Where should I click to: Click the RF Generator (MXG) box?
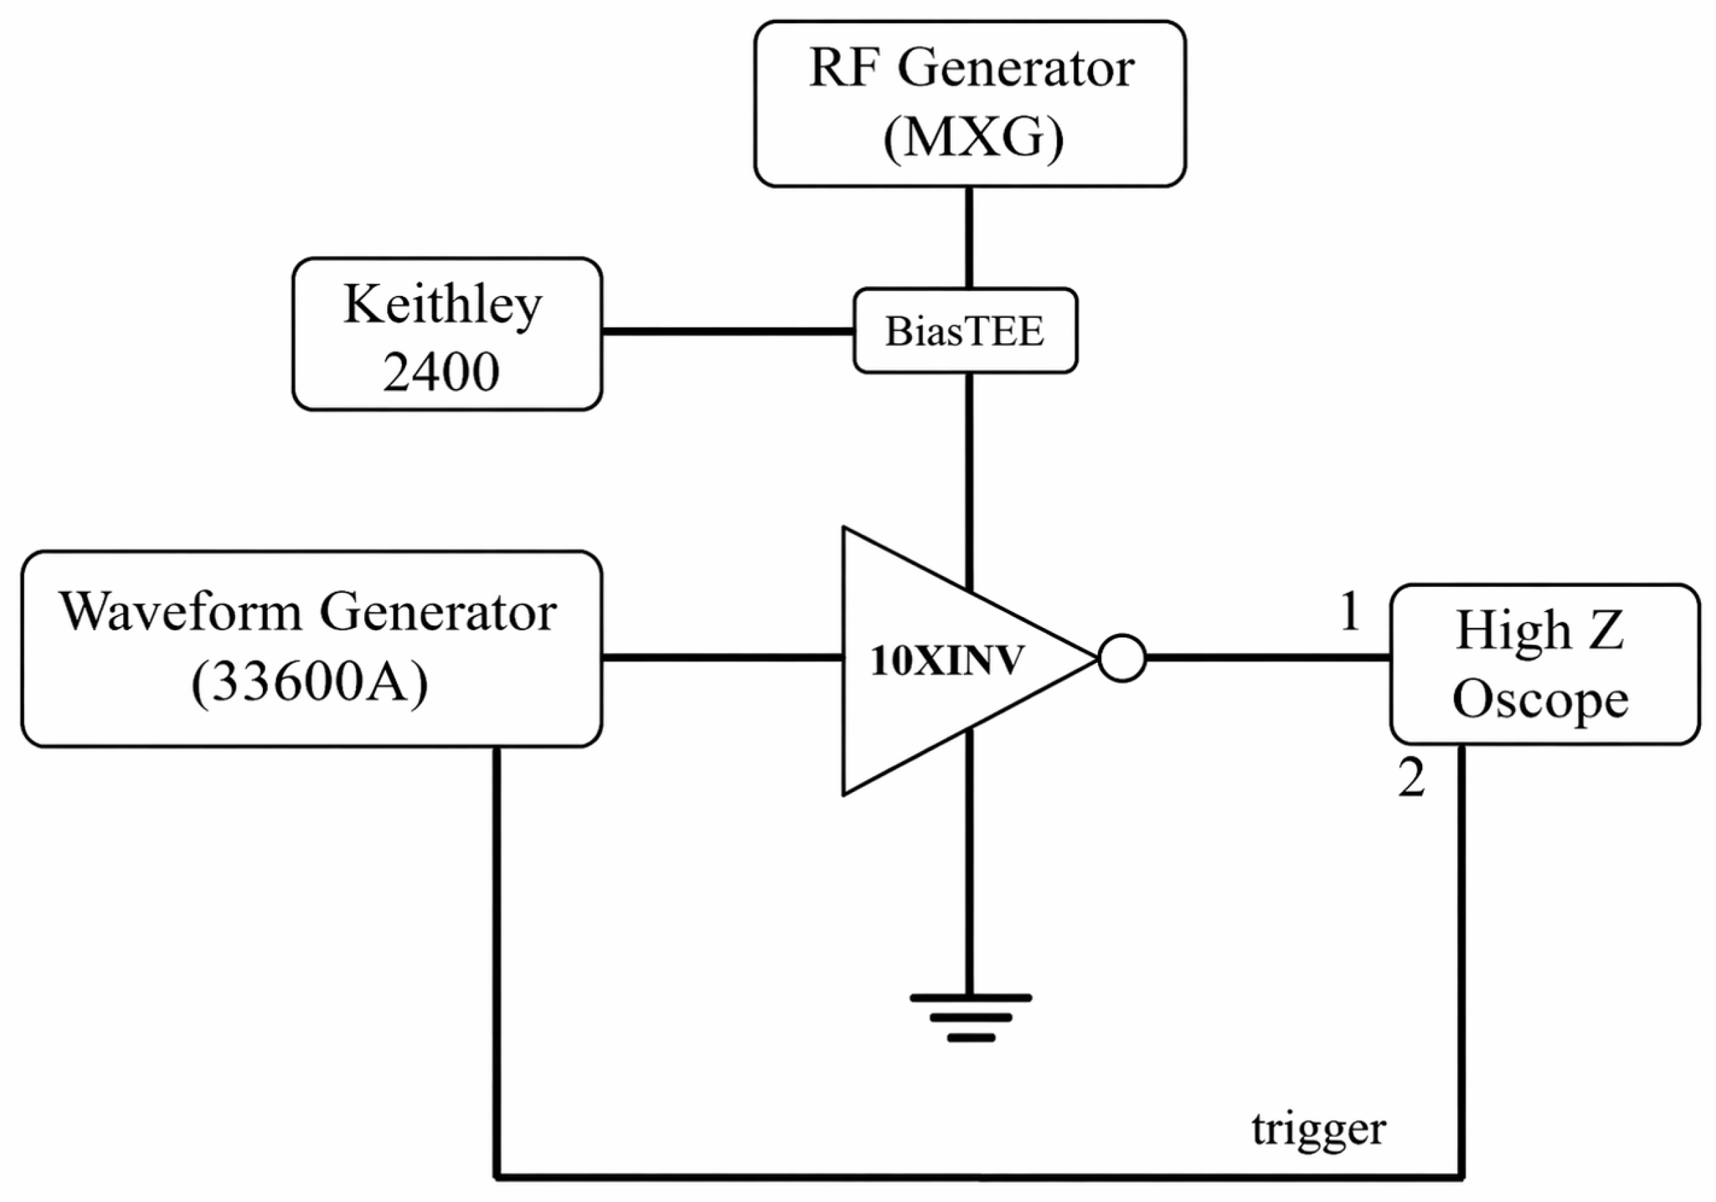click(x=969, y=104)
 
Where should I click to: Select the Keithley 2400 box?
click(x=447, y=334)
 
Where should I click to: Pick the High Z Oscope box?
click(x=1544, y=664)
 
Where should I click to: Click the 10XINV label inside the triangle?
click(x=946, y=661)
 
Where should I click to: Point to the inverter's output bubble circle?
click(x=1122, y=658)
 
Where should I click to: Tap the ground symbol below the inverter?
click(x=970, y=1018)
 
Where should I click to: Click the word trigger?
click(x=1318, y=1130)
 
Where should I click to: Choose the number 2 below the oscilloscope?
click(x=1411, y=778)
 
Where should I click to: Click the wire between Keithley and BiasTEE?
click(x=728, y=331)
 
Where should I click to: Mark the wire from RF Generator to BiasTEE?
click(x=969, y=238)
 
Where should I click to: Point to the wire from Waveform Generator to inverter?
click(x=723, y=657)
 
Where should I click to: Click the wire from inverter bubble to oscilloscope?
click(x=1268, y=658)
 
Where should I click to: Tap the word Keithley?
click(x=443, y=305)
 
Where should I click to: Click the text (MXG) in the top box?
click(x=972, y=138)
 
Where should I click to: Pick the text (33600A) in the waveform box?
click(x=309, y=683)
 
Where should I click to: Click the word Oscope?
click(x=1540, y=700)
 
